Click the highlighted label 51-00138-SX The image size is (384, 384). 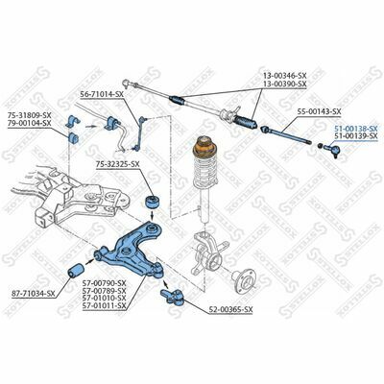click(356, 128)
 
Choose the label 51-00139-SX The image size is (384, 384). click(356, 136)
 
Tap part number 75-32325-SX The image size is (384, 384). click(118, 164)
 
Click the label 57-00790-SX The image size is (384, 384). click(107, 283)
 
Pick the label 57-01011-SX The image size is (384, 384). click(107, 309)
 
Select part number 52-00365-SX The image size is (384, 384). click(229, 310)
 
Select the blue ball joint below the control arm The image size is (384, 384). click(173, 294)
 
